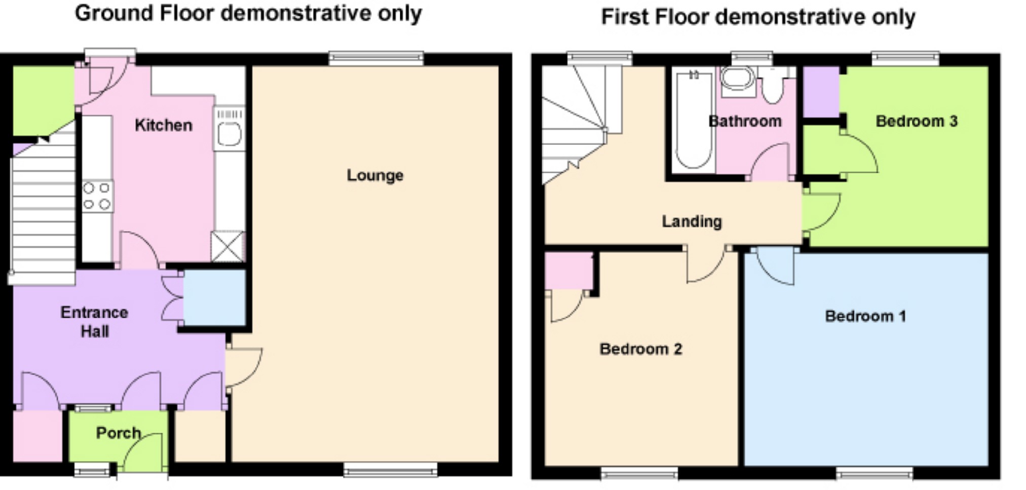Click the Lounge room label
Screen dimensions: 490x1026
click(375, 175)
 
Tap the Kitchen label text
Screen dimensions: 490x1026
click(163, 125)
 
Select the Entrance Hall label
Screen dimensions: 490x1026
click(94, 321)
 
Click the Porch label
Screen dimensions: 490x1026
click(118, 433)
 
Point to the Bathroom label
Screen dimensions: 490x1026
click(744, 121)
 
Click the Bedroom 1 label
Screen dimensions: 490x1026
click(865, 316)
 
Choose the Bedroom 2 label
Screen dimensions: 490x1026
click(640, 349)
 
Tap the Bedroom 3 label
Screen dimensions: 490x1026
click(916, 121)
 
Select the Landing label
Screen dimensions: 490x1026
click(692, 221)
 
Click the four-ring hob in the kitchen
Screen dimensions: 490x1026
click(97, 196)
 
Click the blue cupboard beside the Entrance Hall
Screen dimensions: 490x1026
click(214, 297)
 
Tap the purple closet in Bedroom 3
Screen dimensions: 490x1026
click(821, 92)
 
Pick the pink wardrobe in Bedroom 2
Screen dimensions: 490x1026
click(568, 271)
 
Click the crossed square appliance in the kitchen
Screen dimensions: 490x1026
click(227, 246)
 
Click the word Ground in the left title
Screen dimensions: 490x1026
click(113, 14)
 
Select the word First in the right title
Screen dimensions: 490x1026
click(625, 17)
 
